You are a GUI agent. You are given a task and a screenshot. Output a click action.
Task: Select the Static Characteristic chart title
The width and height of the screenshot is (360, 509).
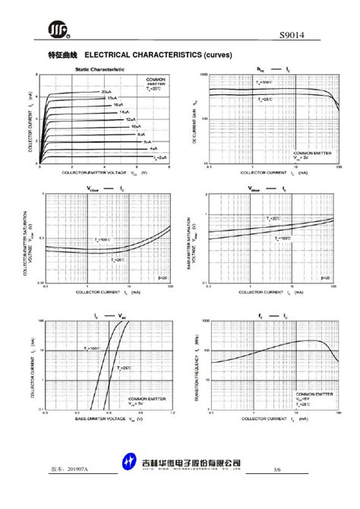pyautogui.click(x=99, y=69)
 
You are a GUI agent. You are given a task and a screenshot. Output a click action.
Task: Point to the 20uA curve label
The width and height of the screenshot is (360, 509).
pyautogui.click(x=106, y=92)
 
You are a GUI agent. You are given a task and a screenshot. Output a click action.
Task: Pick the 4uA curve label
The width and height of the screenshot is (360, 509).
pyautogui.click(x=153, y=148)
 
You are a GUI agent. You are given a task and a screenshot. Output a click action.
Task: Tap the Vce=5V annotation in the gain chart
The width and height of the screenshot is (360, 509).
pyautogui.click(x=321, y=157)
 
